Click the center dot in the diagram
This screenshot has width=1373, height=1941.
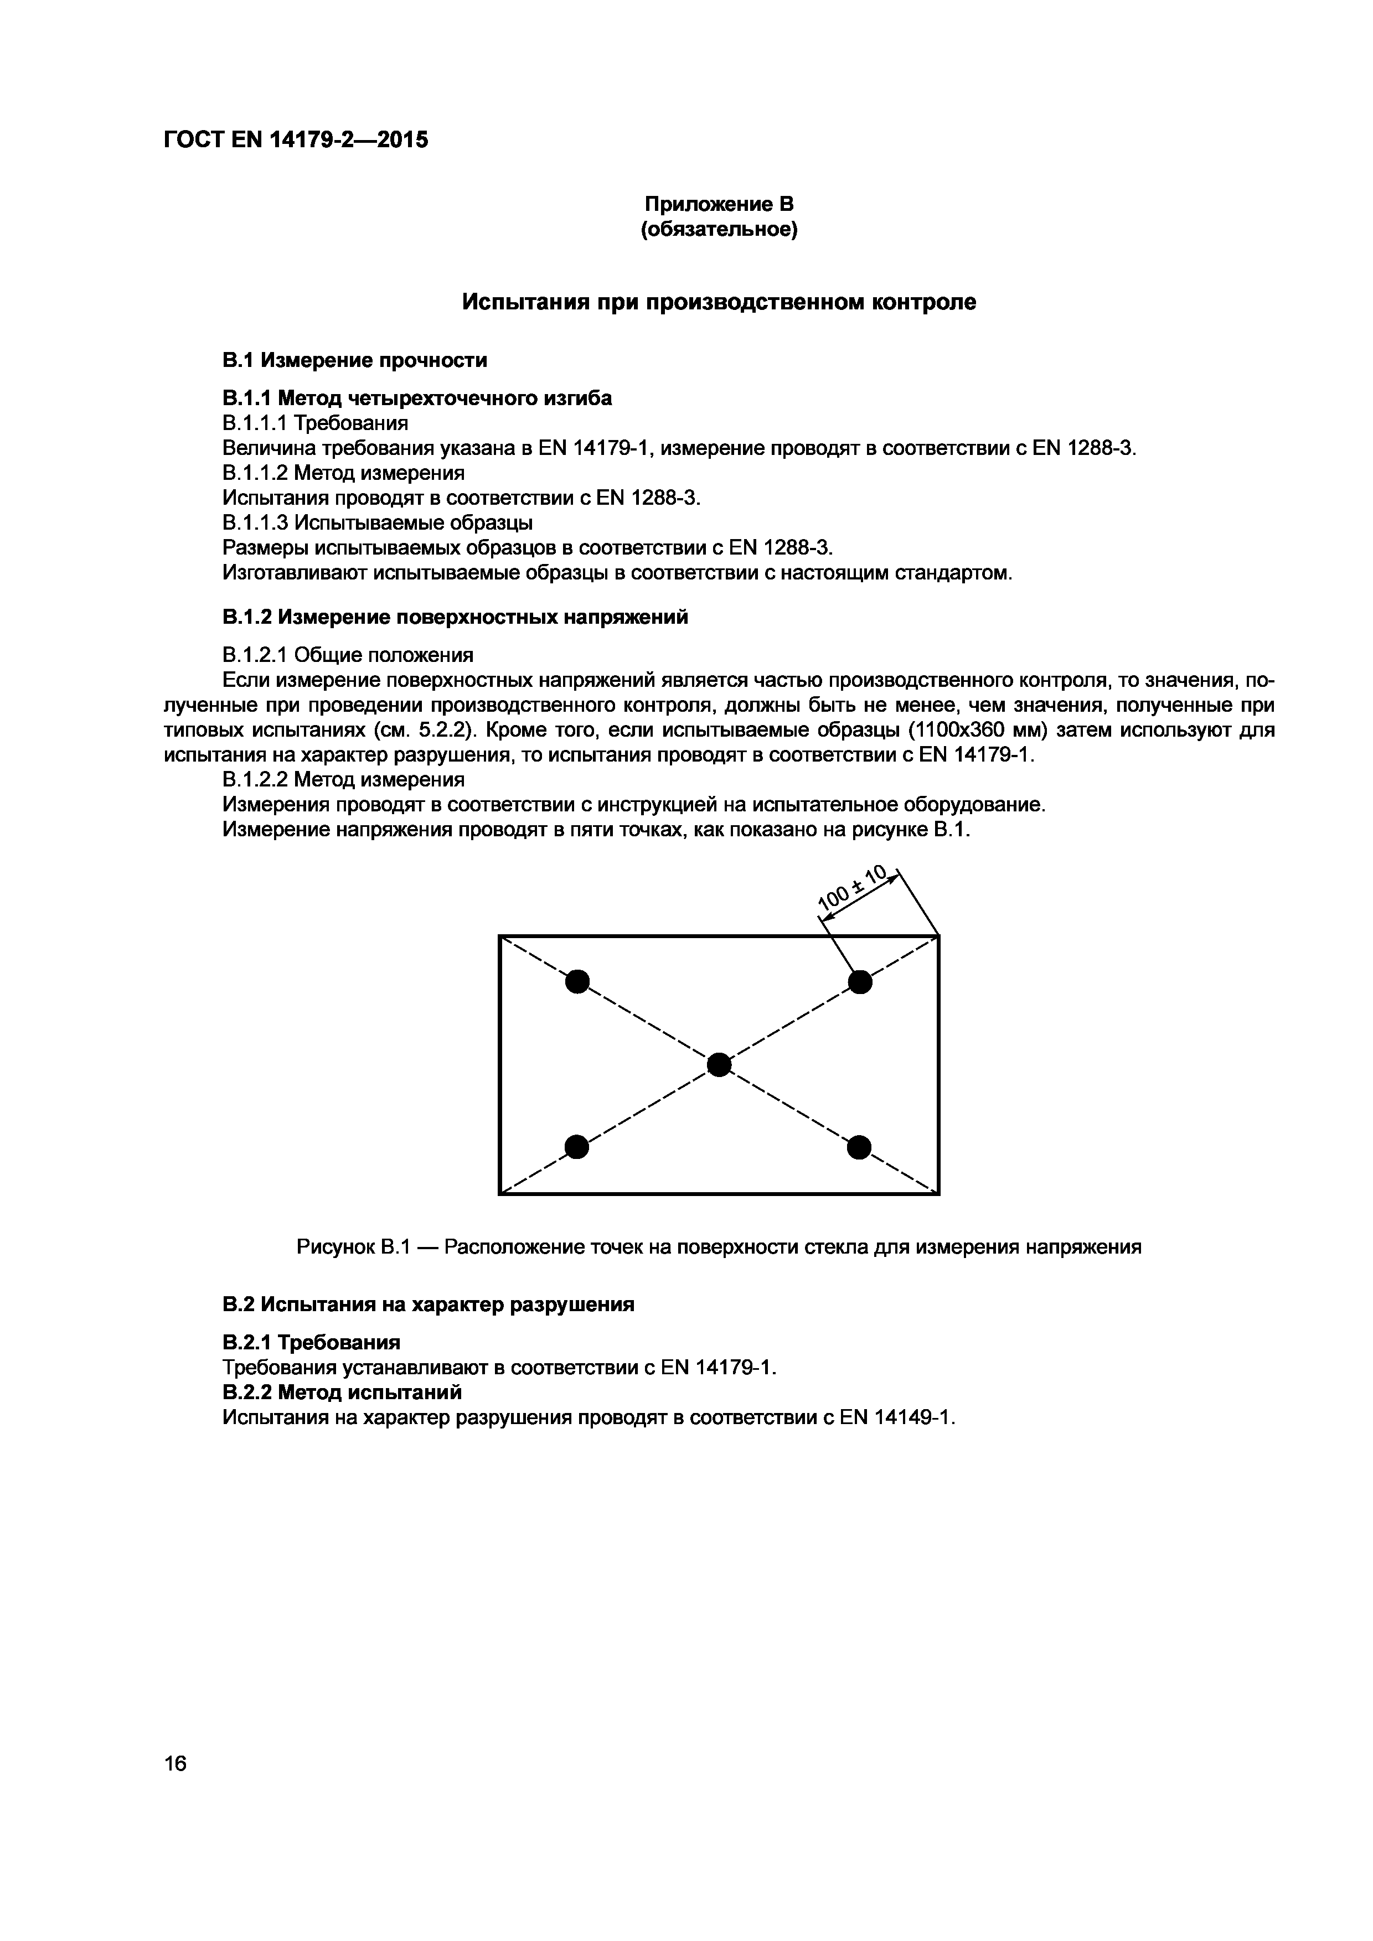point(719,1064)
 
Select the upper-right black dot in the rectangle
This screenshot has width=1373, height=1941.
point(860,982)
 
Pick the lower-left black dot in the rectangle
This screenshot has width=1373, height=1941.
point(576,1147)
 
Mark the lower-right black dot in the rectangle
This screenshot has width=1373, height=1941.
point(859,1147)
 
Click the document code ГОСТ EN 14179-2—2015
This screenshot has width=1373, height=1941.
point(296,139)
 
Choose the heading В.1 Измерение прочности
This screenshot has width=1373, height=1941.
point(355,360)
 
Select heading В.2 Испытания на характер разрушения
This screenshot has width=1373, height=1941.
point(428,1305)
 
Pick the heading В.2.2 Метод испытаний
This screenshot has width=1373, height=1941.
point(342,1391)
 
